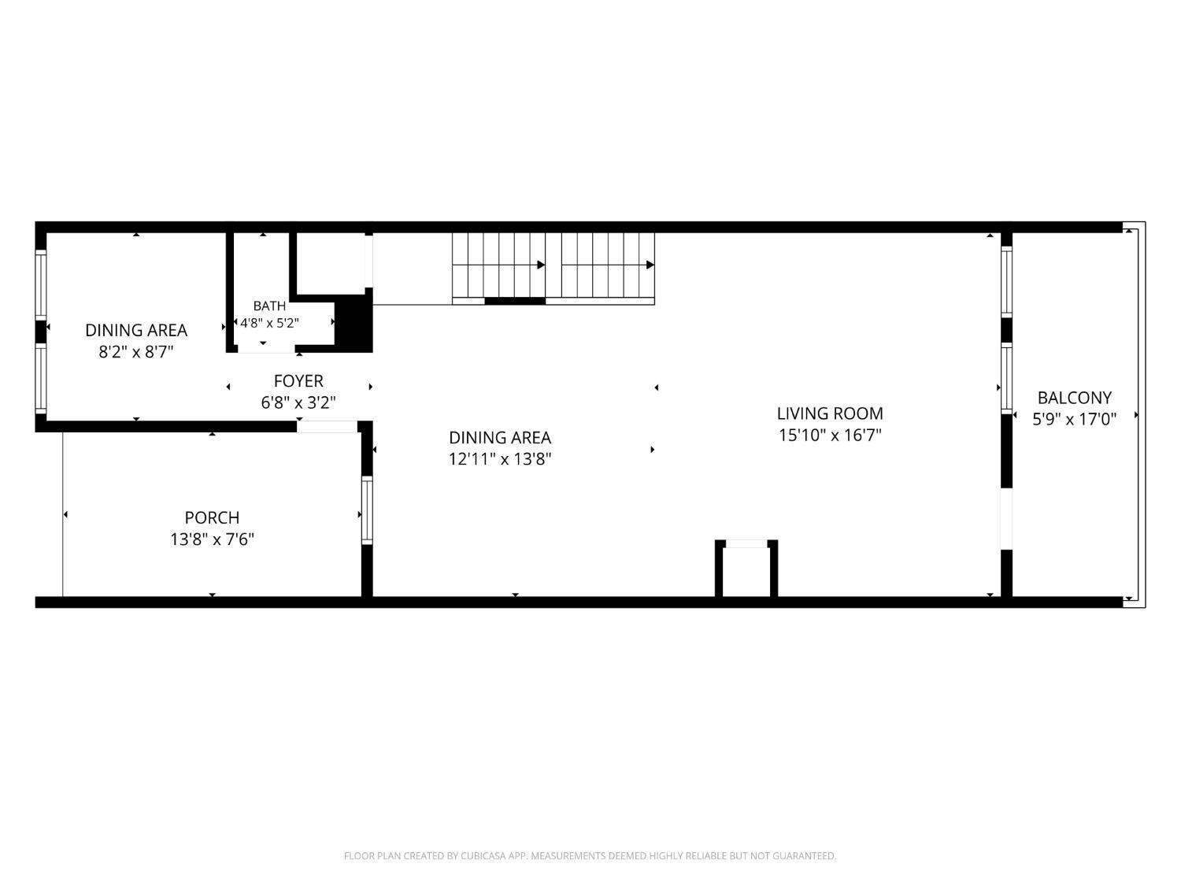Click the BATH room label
coord(269,306)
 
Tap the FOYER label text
coord(298,381)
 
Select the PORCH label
coord(212,517)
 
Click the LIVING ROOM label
coord(830,413)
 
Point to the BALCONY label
coord(1074,398)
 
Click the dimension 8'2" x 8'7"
coord(136,352)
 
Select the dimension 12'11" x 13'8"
coord(501,459)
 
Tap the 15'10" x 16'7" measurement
coord(830,435)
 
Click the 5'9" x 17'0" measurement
coord(1075,418)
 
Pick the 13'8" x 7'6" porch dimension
coord(212,539)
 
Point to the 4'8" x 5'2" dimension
coord(269,323)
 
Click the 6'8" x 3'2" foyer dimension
coord(298,402)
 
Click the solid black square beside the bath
coord(354,321)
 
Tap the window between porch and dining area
coord(367,510)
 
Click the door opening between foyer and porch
coord(327,427)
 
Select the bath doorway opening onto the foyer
coord(266,350)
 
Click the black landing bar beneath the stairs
coord(515,302)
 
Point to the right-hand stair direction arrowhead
coord(650,265)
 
